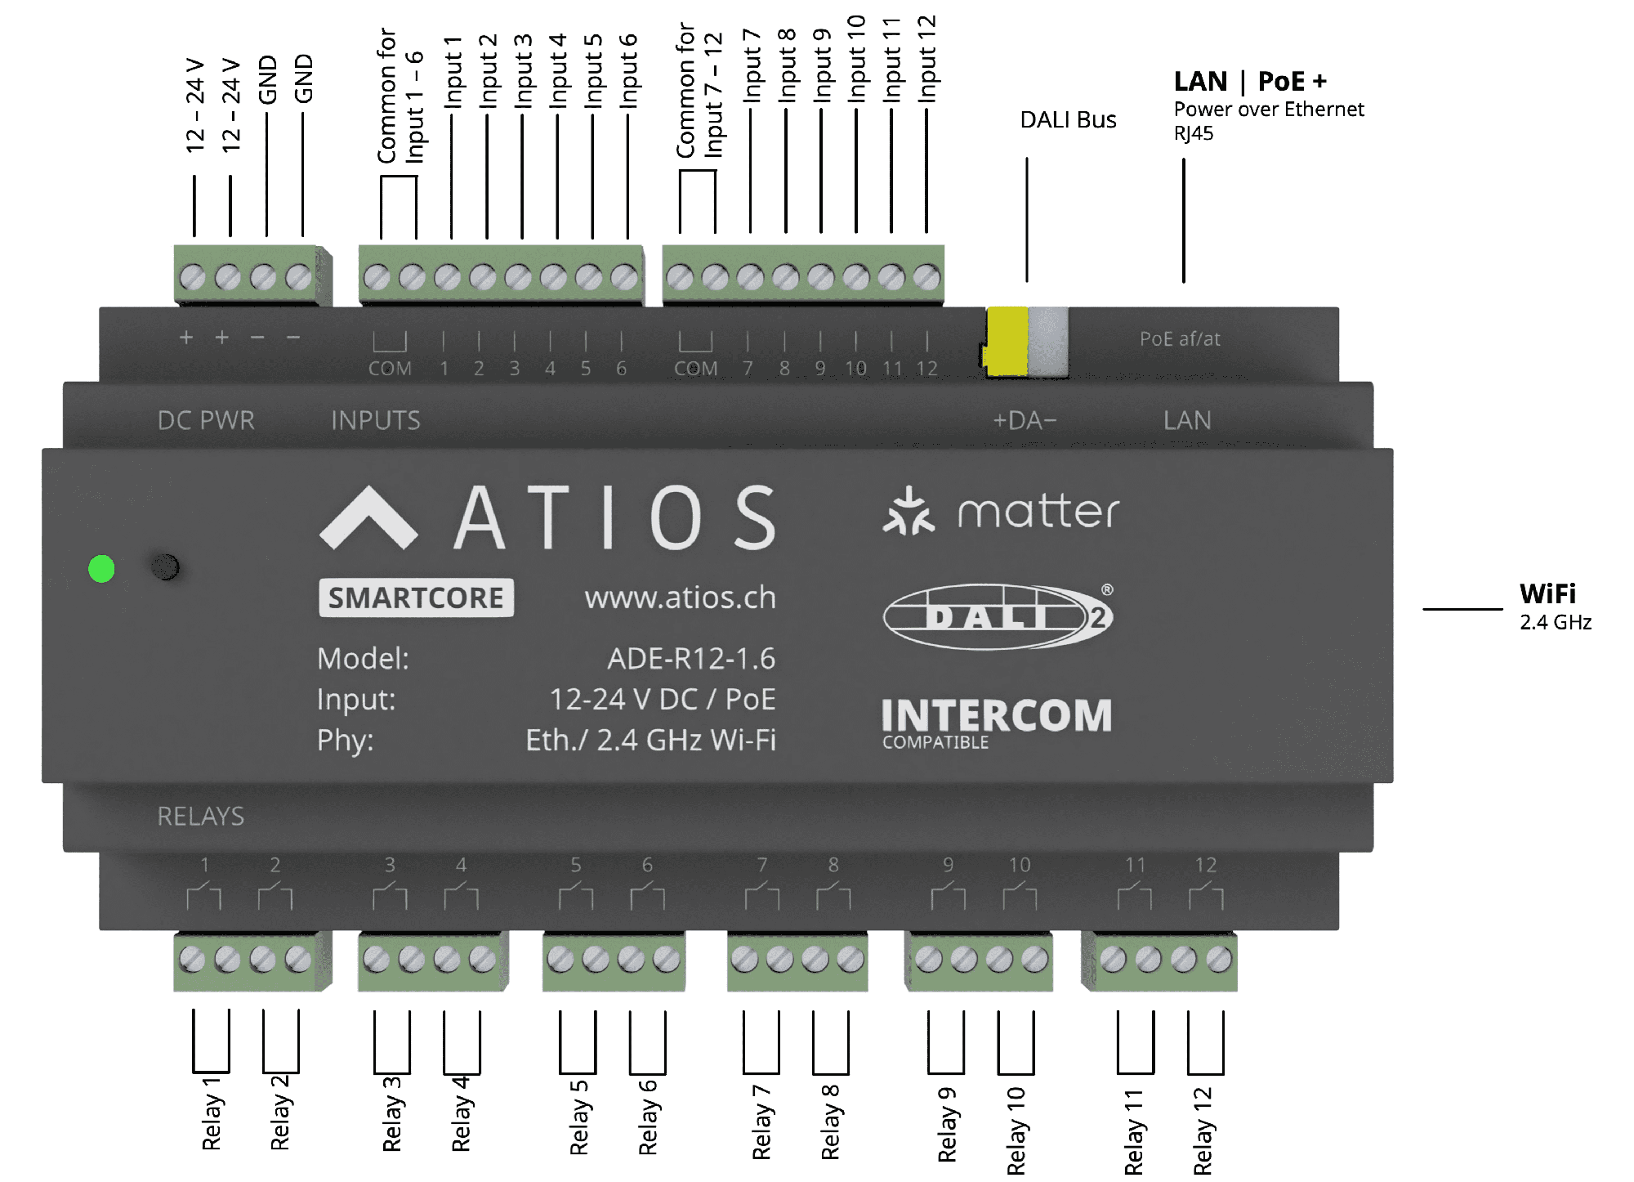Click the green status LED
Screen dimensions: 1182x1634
pyautogui.click(x=101, y=569)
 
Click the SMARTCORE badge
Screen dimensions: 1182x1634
pyautogui.click(x=416, y=598)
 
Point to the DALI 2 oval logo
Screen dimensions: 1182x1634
pyautogui.click(x=998, y=616)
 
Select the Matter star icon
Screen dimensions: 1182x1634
pyautogui.click(x=908, y=512)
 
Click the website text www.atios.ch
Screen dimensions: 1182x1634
pyautogui.click(x=680, y=598)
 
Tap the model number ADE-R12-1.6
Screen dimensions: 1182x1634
pyautogui.click(x=691, y=658)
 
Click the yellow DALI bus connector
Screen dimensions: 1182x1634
pyautogui.click(x=1007, y=342)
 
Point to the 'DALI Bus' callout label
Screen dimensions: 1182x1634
pyautogui.click(x=1068, y=120)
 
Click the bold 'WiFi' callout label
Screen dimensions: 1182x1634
pyautogui.click(x=1547, y=593)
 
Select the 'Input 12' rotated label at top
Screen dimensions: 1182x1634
pyautogui.click(x=926, y=59)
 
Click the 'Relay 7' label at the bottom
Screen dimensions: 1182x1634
pyautogui.click(x=761, y=1122)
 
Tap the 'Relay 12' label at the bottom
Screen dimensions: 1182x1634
pyautogui.click(x=1203, y=1131)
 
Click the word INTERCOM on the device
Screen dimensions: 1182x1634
pyautogui.click(x=997, y=716)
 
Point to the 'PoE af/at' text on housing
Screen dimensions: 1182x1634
pyautogui.click(x=1180, y=339)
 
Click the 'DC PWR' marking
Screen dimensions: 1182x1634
pyautogui.click(x=206, y=420)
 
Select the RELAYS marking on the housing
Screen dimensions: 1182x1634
pyautogui.click(x=201, y=816)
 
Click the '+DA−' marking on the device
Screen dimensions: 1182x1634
pyautogui.click(x=1025, y=420)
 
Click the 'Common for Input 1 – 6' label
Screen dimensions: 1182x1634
pyautogui.click(x=400, y=96)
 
